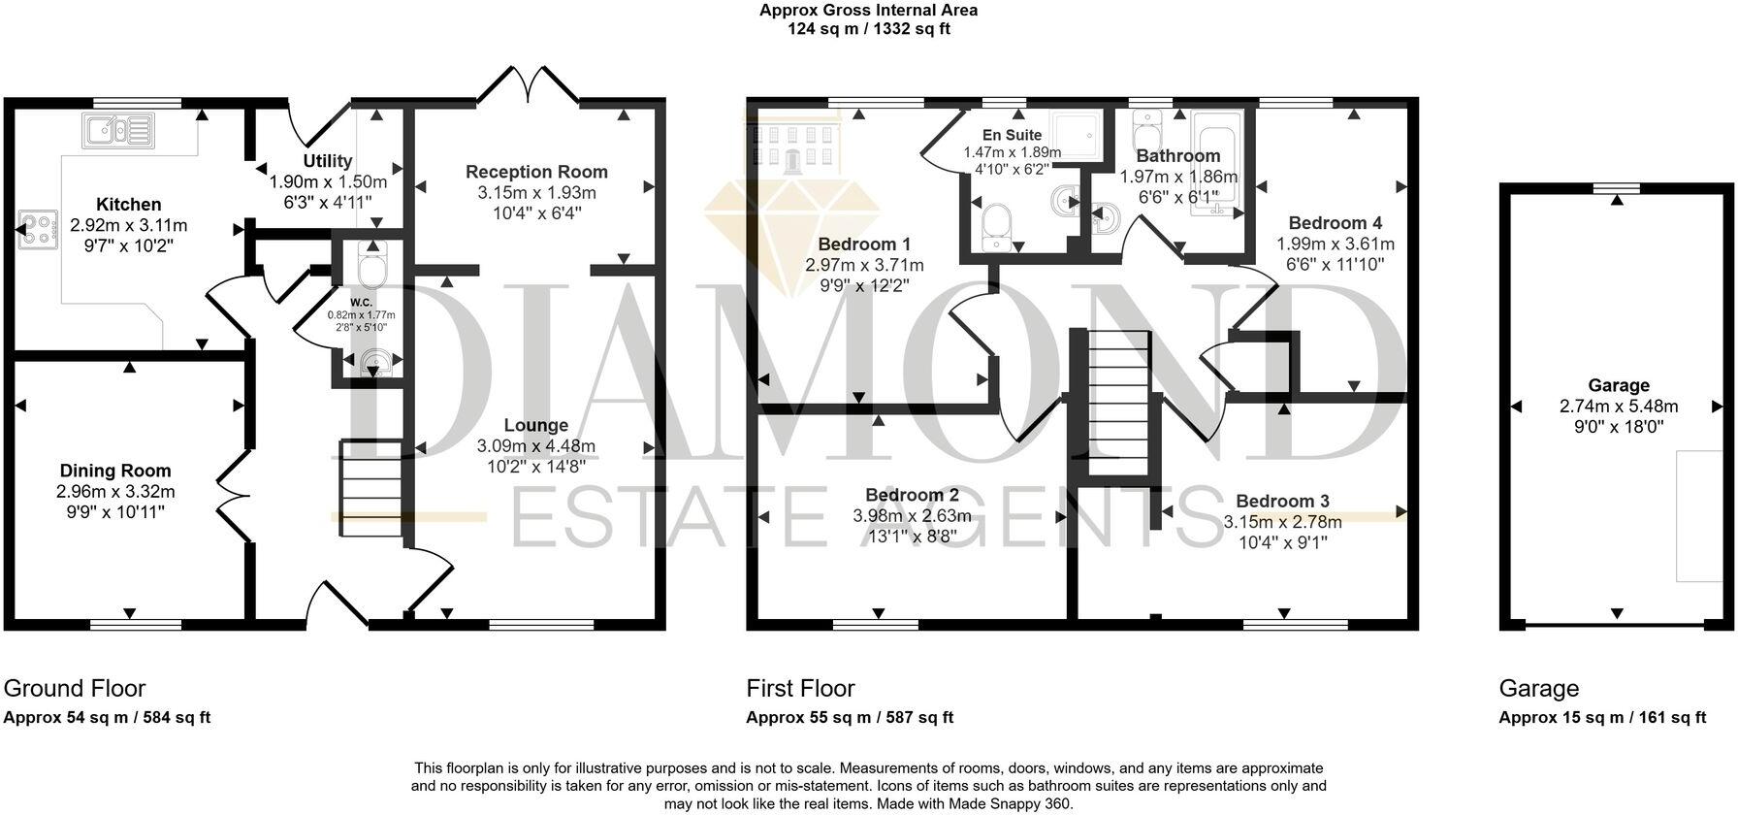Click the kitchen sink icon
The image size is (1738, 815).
(x=118, y=129)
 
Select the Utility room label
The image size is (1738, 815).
(x=327, y=161)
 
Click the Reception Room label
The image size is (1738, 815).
(x=536, y=172)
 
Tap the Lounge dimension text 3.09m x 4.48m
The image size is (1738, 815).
(x=535, y=446)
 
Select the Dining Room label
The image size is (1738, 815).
(x=115, y=472)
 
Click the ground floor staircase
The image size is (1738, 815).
(x=370, y=487)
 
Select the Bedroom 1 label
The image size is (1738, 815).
(x=864, y=244)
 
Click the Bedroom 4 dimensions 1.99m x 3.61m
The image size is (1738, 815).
(x=1336, y=244)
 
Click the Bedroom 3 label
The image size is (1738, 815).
(x=1282, y=502)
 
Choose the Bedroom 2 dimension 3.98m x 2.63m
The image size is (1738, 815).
(x=912, y=516)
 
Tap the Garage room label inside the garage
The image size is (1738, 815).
(x=1618, y=385)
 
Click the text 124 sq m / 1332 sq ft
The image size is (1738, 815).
(x=868, y=29)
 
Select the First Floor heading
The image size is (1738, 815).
(x=800, y=689)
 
